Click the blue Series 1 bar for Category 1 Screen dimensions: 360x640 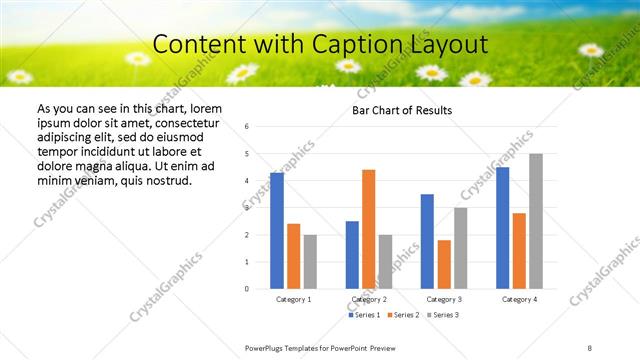277,231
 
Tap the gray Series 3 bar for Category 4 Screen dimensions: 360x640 536,221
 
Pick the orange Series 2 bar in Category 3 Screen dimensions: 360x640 444,264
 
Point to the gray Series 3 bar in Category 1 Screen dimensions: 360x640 310,262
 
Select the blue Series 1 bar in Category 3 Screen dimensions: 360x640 427,241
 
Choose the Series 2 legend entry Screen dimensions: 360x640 404,315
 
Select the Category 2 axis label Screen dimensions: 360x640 369,299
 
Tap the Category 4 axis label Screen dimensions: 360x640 519,299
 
